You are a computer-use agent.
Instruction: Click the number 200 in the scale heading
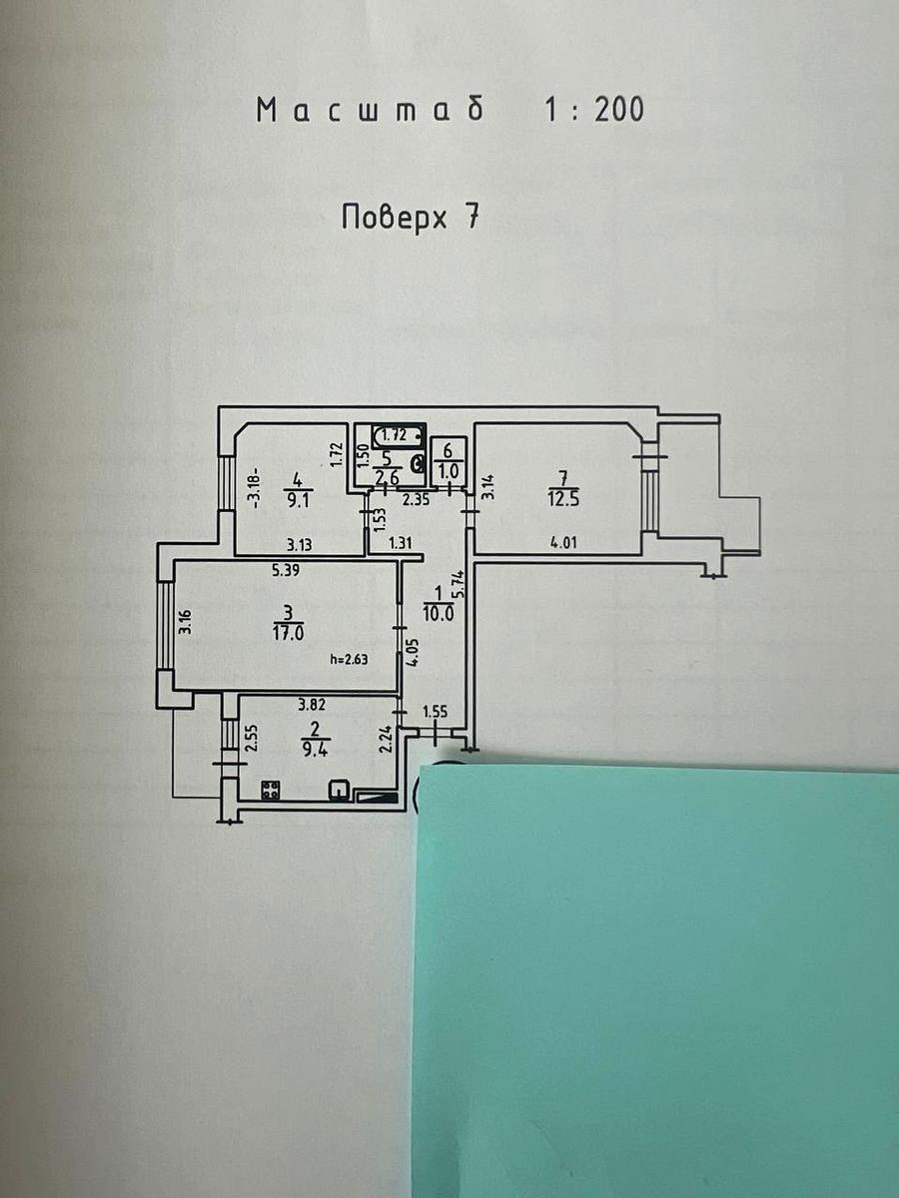619,110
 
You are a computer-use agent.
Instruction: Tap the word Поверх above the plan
395,218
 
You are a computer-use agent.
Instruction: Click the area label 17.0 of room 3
289,634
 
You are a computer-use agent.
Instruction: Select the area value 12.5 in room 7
563,499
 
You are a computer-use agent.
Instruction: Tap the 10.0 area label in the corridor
438,614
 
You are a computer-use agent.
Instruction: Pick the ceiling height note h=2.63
350,659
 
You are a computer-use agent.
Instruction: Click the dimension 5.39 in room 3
287,571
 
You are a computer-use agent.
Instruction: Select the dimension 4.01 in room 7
562,543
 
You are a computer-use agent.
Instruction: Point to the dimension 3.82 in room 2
312,705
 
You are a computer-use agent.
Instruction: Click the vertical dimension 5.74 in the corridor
459,585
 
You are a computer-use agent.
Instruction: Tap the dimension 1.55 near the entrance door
436,712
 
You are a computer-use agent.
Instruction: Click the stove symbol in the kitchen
271,790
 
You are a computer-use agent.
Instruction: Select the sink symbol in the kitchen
339,790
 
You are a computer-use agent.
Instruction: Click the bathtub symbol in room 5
398,435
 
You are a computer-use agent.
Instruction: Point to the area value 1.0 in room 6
449,471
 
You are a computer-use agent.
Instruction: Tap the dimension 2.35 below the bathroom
416,499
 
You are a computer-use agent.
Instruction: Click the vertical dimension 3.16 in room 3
186,622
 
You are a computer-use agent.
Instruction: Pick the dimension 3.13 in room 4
299,545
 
